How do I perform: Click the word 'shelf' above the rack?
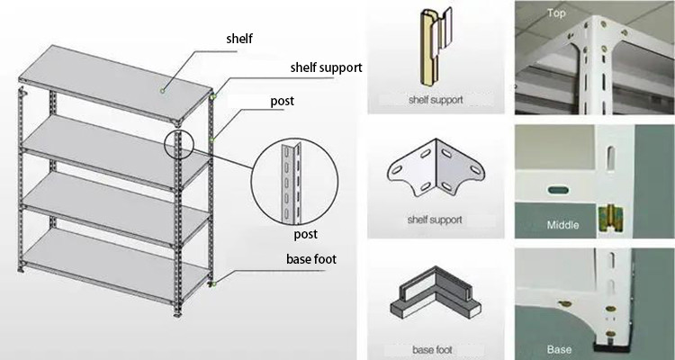pyautogui.click(x=240, y=38)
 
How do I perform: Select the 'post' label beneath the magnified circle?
pyautogui.click(x=307, y=233)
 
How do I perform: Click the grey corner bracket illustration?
pyautogui.click(x=436, y=172)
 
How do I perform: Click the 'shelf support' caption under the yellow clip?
pyautogui.click(x=436, y=100)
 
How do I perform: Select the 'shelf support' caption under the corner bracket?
pyautogui.click(x=436, y=220)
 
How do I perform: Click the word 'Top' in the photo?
pyautogui.click(x=556, y=13)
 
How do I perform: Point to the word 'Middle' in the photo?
pyautogui.click(x=563, y=225)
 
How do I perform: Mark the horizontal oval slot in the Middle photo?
pyautogui.click(x=554, y=190)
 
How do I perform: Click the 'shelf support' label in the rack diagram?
pyautogui.click(x=325, y=67)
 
